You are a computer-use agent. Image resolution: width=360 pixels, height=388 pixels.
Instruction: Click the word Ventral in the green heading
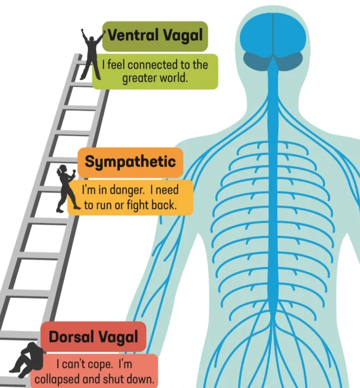[133, 35]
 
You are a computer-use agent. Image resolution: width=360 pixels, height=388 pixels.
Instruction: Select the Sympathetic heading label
[130, 162]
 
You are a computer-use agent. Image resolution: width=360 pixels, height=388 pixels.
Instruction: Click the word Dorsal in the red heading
[71, 336]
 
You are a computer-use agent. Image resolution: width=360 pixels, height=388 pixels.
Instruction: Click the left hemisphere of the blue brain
[257, 37]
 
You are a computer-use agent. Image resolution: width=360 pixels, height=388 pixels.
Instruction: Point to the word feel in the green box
[116, 65]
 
